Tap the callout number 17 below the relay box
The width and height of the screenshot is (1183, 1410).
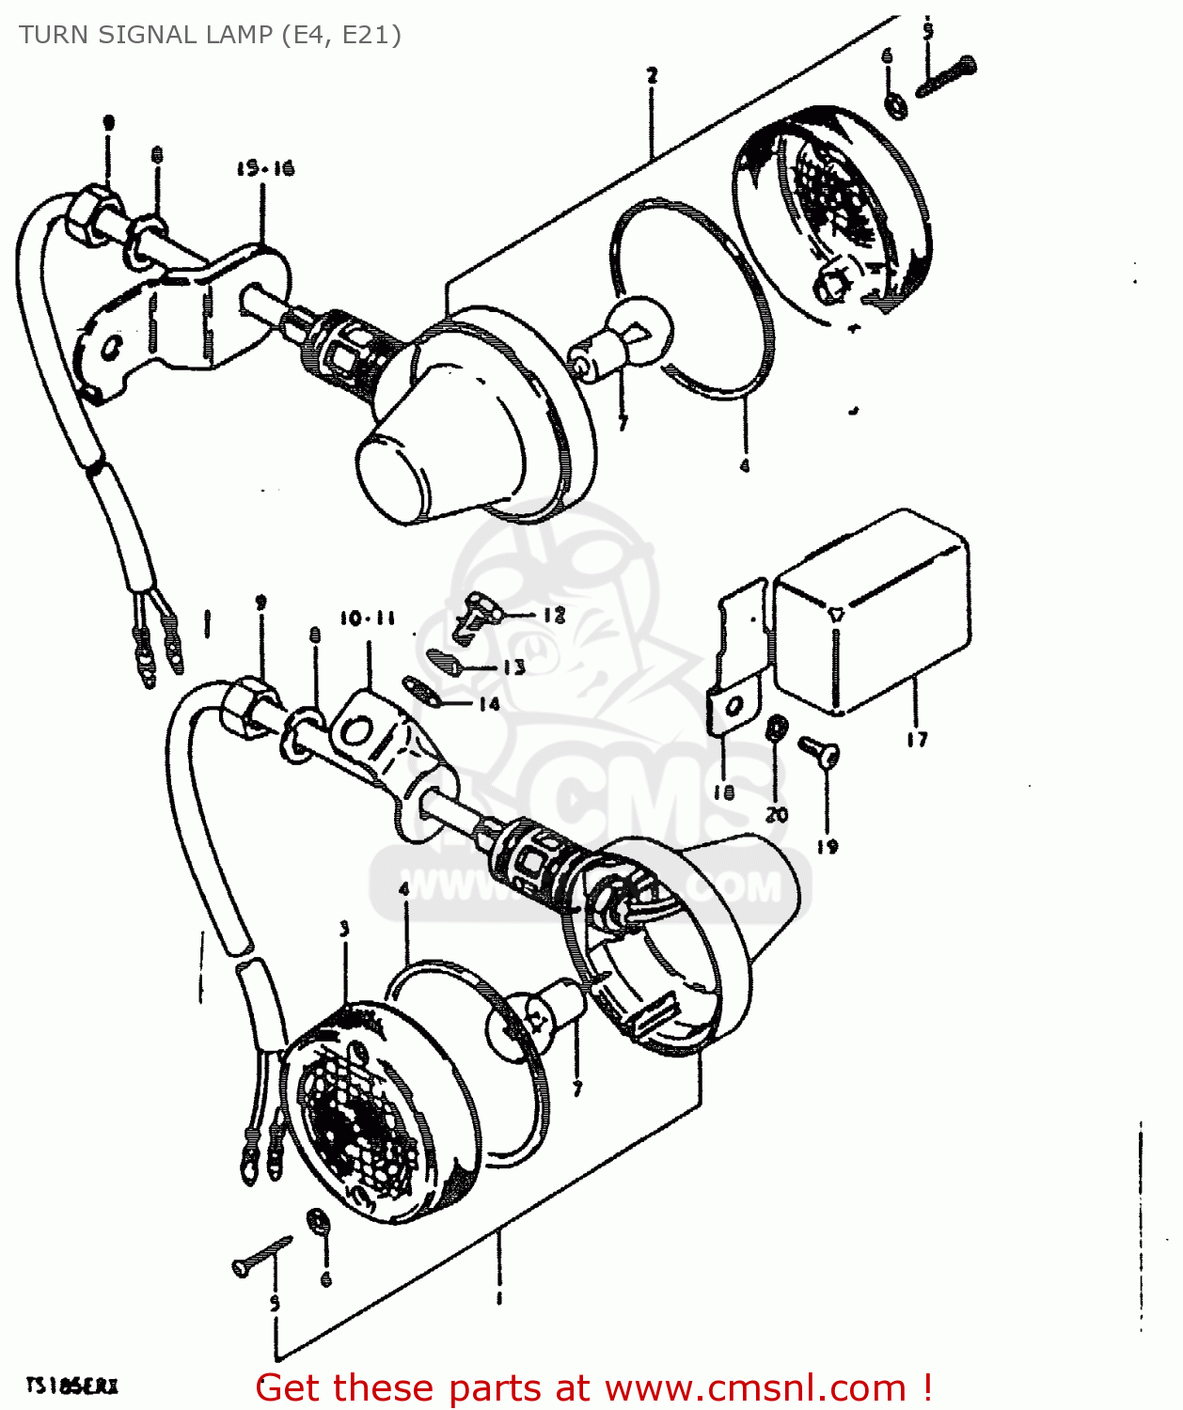[917, 740]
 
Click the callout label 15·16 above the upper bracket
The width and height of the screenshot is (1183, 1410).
[265, 168]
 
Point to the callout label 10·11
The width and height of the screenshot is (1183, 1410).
[367, 619]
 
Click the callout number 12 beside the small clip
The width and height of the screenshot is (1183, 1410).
[554, 615]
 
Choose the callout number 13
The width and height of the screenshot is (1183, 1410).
[514, 667]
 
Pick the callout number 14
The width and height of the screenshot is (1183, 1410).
[489, 704]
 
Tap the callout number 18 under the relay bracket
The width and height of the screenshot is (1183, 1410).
[723, 792]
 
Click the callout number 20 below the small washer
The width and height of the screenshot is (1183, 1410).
[777, 814]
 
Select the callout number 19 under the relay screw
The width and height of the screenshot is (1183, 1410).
[827, 846]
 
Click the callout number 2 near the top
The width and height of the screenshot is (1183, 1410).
[652, 75]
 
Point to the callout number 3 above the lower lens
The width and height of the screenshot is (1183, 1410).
[344, 929]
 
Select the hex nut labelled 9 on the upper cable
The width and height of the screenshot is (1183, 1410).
[95, 213]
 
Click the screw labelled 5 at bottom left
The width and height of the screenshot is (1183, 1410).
[260, 1256]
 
